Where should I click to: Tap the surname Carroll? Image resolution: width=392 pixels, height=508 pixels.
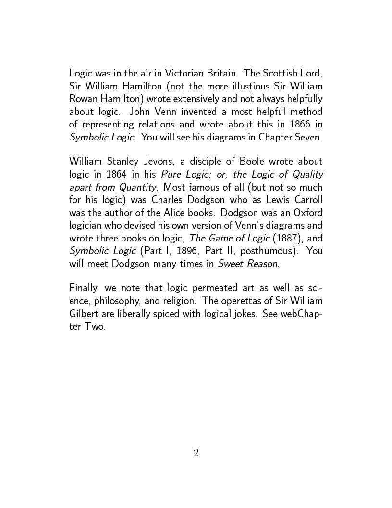[307, 199]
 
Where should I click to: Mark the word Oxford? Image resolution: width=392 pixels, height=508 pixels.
[307, 211]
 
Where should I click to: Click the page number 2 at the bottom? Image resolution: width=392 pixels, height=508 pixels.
[196, 452]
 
